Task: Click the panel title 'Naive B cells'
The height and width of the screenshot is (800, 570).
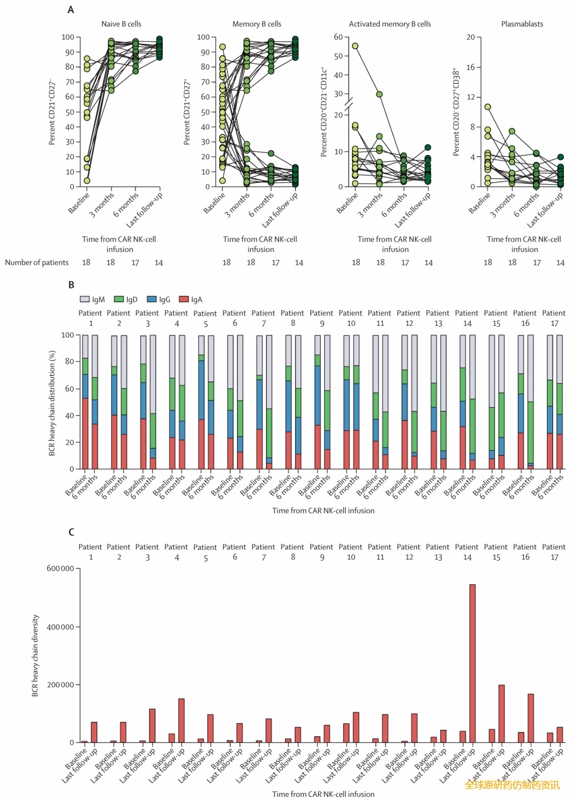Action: [x=121, y=24]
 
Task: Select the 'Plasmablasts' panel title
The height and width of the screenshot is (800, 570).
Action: [x=521, y=24]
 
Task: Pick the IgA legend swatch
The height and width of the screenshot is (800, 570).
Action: [x=184, y=300]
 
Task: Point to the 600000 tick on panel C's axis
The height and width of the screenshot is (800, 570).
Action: [x=60, y=568]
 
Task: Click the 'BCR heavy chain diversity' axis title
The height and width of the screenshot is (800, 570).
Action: [x=35, y=656]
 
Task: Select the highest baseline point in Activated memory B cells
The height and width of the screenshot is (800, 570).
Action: [x=355, y=46]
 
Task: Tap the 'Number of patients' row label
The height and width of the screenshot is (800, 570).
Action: [x=37, y=263]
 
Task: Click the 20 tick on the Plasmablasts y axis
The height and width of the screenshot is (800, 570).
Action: [x=470, y=37]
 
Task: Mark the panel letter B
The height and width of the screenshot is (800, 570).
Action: [x=71, y=285]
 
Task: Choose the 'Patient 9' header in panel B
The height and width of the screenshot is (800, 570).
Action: [x=321, y=318]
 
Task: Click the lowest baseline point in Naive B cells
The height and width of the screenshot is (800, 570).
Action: [x=87, y=180]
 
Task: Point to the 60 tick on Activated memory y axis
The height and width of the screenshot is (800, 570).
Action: [x=338, y=37]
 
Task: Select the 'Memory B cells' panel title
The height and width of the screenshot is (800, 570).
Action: [x=256, y=24]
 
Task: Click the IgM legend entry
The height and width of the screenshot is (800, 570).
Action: [x=92, y=300]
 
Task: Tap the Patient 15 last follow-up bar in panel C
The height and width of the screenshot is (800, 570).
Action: [x=501, y=714]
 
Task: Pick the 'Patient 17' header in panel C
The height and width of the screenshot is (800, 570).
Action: [x=554, y=552]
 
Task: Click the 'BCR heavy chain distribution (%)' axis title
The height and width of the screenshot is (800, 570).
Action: [x=52, y=402]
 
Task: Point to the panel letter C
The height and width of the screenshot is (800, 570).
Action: [x=71, y=532]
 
